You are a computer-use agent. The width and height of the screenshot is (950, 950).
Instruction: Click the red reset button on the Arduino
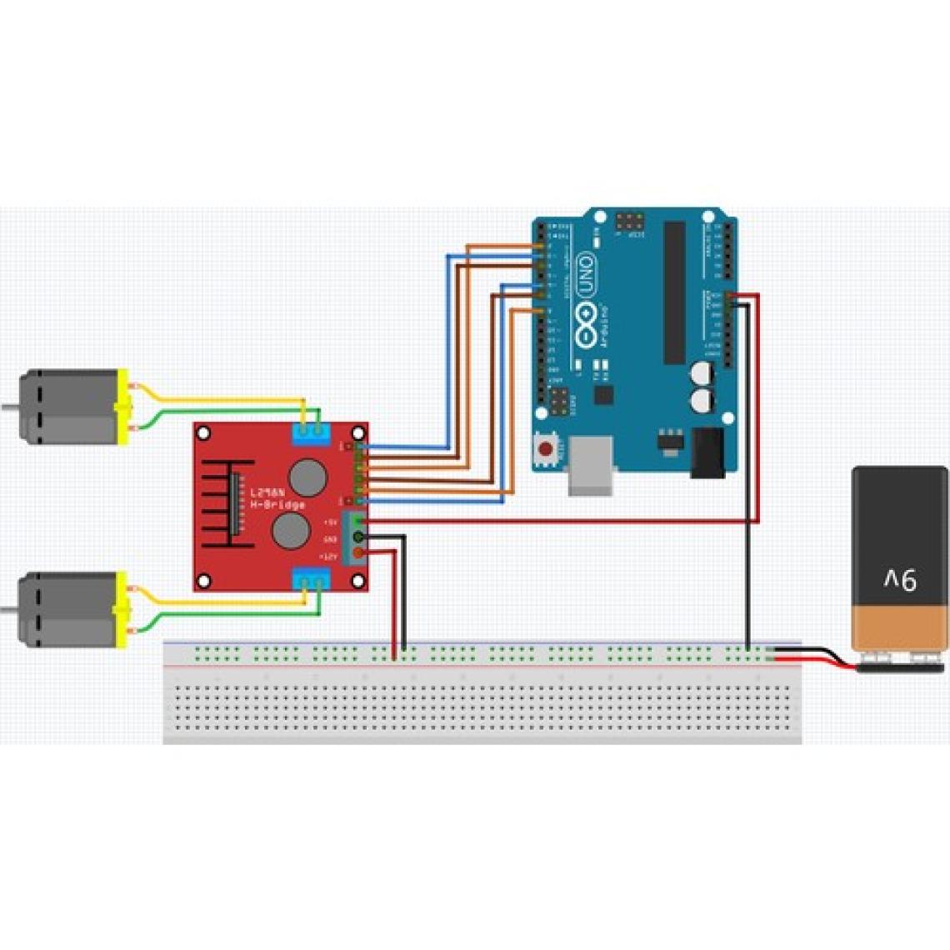pyautogui.click(x=546, y=449)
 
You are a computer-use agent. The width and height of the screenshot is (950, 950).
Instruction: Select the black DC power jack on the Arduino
pyautogui.click(x=709, y=453)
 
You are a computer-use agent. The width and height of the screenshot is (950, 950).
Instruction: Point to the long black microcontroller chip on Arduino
pyautogui.click(x=674, y=292)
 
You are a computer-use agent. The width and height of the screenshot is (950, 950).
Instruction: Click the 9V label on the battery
pyautogui.click(x=900, y=579)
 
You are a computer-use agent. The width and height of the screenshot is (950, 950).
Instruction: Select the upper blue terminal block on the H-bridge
pyautogui.click(x=309, y=431)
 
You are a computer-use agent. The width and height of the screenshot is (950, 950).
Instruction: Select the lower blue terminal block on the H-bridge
pyautogui.click(x=309, y=577)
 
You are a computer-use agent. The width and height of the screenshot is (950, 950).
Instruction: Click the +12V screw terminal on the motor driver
pyautogui.click(x=358, y=553)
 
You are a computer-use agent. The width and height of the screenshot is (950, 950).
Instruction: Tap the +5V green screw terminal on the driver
pyautogui.click(x=358, y=521)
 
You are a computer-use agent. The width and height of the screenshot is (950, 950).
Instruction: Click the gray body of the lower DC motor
pyautogui.click(x=67, y=608)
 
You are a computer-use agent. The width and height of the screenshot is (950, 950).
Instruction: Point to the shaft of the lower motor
pyautogui.click(x=9, y=609)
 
